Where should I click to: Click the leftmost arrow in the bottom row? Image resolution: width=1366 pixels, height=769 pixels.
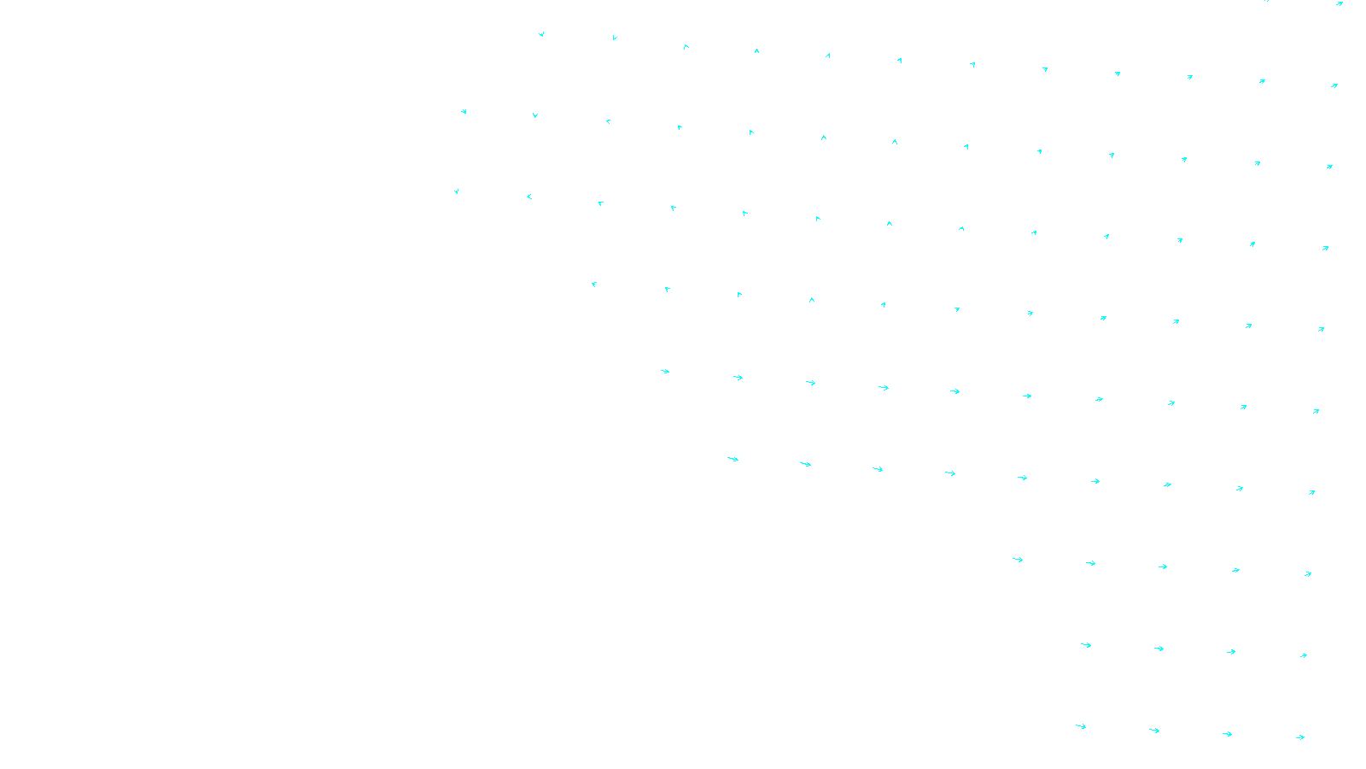click(x=1081, y=726)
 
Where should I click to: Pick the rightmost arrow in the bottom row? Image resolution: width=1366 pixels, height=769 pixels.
click(x=1300, y=737)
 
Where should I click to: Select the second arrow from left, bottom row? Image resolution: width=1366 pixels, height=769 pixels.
click(x=1154, y=731)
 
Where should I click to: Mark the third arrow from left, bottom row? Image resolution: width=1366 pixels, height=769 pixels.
click(x=1227, y=734)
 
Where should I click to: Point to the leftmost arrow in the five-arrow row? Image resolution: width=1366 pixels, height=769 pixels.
click(x=1018, y=560)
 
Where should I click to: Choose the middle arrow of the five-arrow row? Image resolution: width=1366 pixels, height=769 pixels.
click(x=1163, y=566)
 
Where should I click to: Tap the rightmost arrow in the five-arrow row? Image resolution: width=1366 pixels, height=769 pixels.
click(x=1308, y=574)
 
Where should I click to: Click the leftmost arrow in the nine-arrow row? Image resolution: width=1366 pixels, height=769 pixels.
click(x=733, y=459)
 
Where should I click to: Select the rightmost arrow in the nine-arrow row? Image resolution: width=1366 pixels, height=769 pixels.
click(x=1312, y=492)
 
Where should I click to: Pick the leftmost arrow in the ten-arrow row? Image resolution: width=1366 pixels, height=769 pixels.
click(x=665, y=371)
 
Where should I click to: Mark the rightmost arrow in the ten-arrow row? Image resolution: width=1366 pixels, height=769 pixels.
click(x=1316, y=411)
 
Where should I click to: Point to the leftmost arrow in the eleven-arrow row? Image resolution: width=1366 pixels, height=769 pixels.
click(x=594, y=284)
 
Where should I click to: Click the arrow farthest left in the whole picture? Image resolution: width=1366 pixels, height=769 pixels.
click(x=457, y=191)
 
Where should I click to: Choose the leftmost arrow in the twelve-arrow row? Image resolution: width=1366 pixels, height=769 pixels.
click(x=541, y=34)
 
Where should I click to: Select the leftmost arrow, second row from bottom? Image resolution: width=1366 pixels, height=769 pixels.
click(x=1086, y=645)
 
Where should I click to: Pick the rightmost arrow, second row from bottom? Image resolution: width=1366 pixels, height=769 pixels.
click(x=1304, y=655)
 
